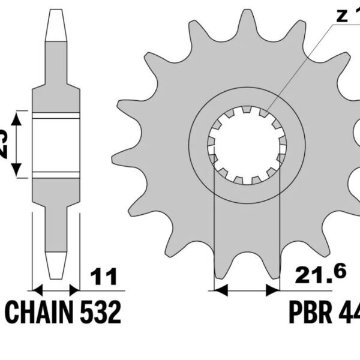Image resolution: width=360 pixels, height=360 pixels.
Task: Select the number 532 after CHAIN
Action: point(98,313)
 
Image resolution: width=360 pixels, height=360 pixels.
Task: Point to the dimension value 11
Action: point(103,277)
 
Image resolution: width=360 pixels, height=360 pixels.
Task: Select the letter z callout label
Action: point(341,16)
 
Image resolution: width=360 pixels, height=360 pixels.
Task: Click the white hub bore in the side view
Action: point(56,145)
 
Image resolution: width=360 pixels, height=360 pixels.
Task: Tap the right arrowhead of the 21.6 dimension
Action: point(274,290)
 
